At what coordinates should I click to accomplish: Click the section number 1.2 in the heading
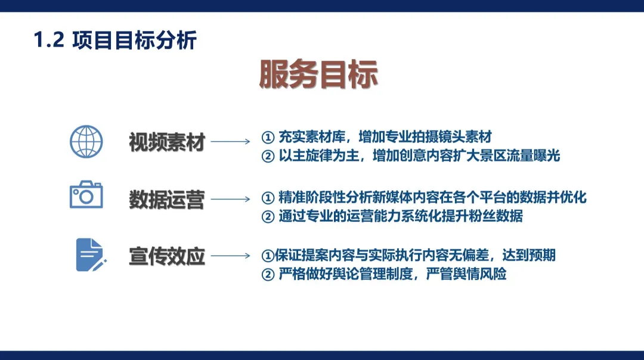pos(49,41)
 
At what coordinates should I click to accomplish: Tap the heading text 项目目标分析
pos(134,41)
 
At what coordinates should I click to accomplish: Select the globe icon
pos(86,141)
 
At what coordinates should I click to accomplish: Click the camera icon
pos(86,195)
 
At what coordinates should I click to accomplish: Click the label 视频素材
pos(167,142)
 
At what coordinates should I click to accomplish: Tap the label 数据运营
pos(167,200)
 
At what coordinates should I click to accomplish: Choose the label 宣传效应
pos(167,256)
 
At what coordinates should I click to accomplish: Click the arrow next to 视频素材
pos(231,142)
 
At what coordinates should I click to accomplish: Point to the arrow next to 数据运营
pos(231,199)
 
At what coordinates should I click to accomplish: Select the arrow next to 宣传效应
pos(231,256)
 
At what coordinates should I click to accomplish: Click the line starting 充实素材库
pos(377,137)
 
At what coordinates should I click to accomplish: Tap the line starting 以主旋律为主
pos(411,156)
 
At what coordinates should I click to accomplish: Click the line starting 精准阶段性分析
pos(424,197)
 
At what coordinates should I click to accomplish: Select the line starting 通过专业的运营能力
pos(392,216)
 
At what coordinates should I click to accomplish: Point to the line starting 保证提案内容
pos(408,255)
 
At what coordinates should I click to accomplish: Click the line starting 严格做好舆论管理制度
pos(384,274)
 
